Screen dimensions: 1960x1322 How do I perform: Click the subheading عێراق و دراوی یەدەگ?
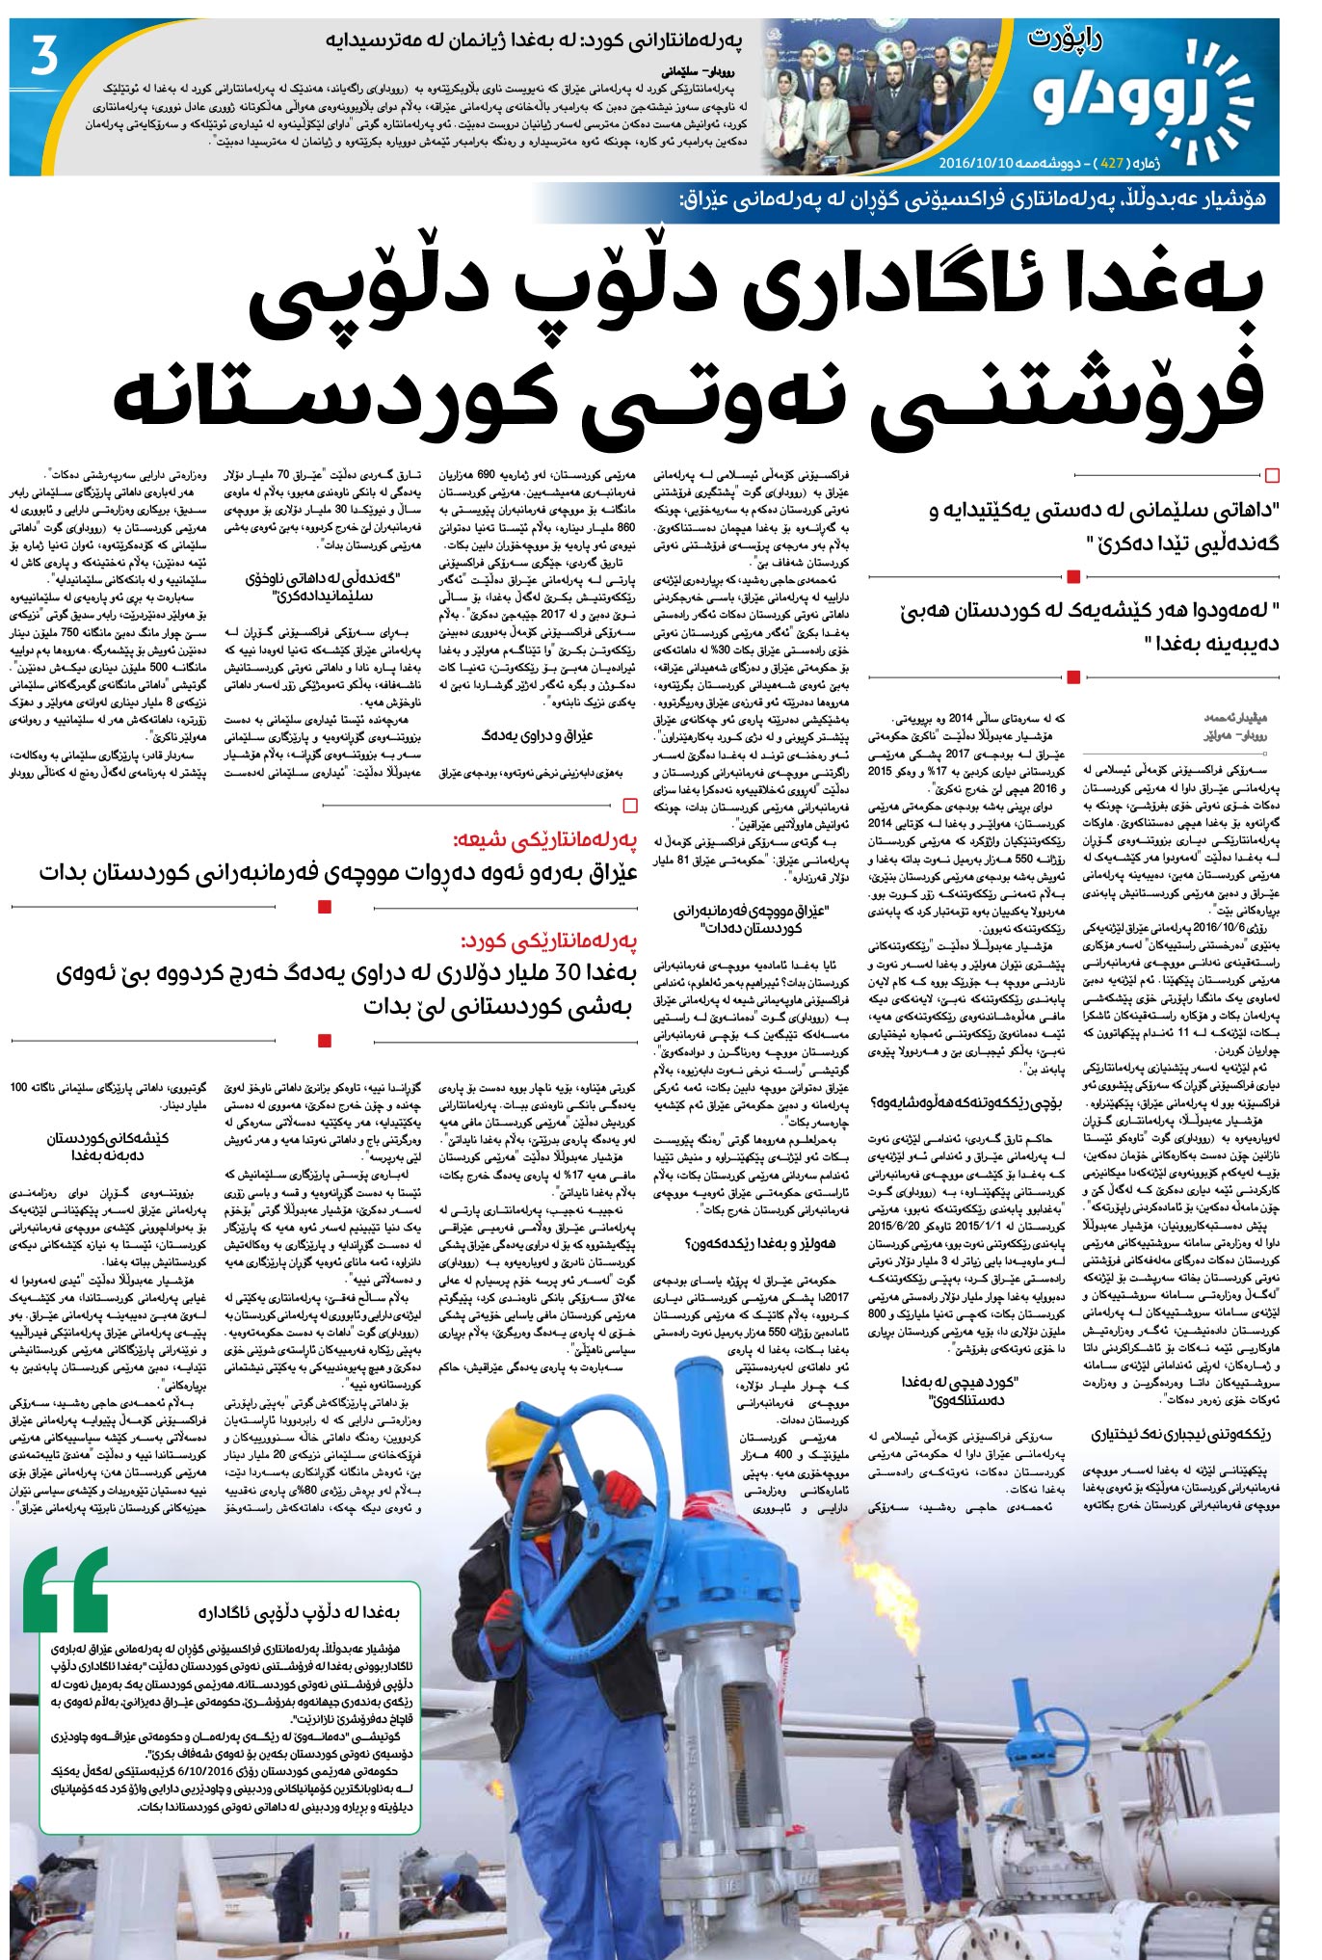click(x=537, y=735)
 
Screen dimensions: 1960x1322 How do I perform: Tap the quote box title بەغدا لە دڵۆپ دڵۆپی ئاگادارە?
click(x=299, y=1611)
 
